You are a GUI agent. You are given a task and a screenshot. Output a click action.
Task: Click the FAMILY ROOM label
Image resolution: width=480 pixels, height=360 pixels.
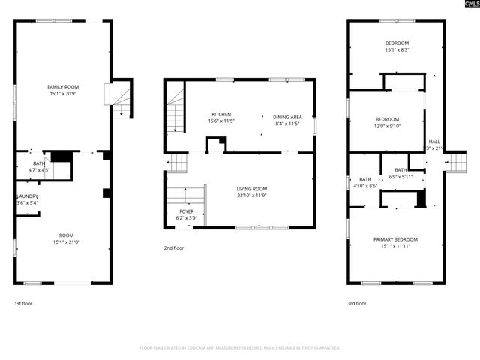pos(64,87)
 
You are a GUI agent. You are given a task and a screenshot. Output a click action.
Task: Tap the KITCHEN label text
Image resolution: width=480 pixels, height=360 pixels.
pos(221,115)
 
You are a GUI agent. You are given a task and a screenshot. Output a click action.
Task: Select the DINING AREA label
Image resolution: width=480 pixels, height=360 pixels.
pos(286,117)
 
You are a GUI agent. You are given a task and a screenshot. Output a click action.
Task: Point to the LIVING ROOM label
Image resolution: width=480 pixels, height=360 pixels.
pos(252,189)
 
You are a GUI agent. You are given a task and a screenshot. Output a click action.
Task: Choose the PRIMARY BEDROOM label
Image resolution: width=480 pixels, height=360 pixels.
pos(395,239)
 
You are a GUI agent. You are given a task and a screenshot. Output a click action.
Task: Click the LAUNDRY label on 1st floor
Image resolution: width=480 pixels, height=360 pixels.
pos(27,196)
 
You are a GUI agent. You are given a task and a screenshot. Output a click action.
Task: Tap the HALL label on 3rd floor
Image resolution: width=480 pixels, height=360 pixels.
pos(434,141)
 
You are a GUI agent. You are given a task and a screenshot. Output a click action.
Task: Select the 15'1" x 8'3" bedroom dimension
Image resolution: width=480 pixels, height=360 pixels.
pos(397,50)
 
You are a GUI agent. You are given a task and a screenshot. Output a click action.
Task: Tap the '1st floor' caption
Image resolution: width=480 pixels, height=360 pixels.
pos(23,303)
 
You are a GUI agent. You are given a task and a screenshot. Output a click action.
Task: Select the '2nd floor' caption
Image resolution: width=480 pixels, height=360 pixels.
pos(173,247)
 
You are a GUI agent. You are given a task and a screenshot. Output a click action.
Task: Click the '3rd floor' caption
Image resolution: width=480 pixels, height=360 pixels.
pos(356,303)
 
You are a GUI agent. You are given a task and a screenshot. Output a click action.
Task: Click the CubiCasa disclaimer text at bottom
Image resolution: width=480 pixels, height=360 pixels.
pos(239,348)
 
